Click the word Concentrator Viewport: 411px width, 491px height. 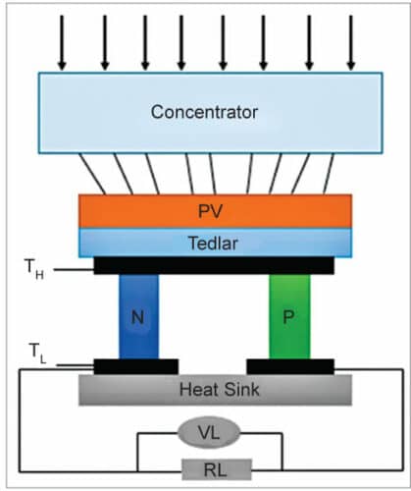pos(204,112)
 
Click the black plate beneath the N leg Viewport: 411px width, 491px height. pos(136,366)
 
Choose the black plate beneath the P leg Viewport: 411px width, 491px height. pos(289,366)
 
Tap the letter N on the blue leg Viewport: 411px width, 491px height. pos(138,318)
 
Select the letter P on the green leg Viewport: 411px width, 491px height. pos(289,318)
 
